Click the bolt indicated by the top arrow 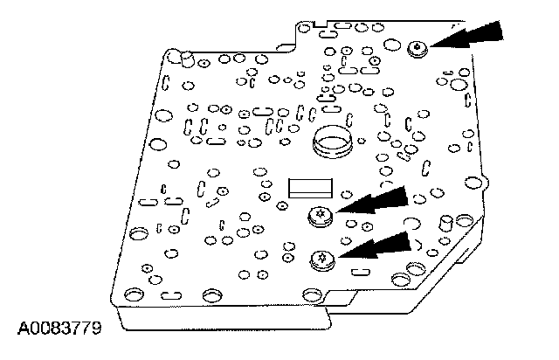point(418,47)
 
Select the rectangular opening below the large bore point(310,185)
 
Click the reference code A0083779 point(59,329)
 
